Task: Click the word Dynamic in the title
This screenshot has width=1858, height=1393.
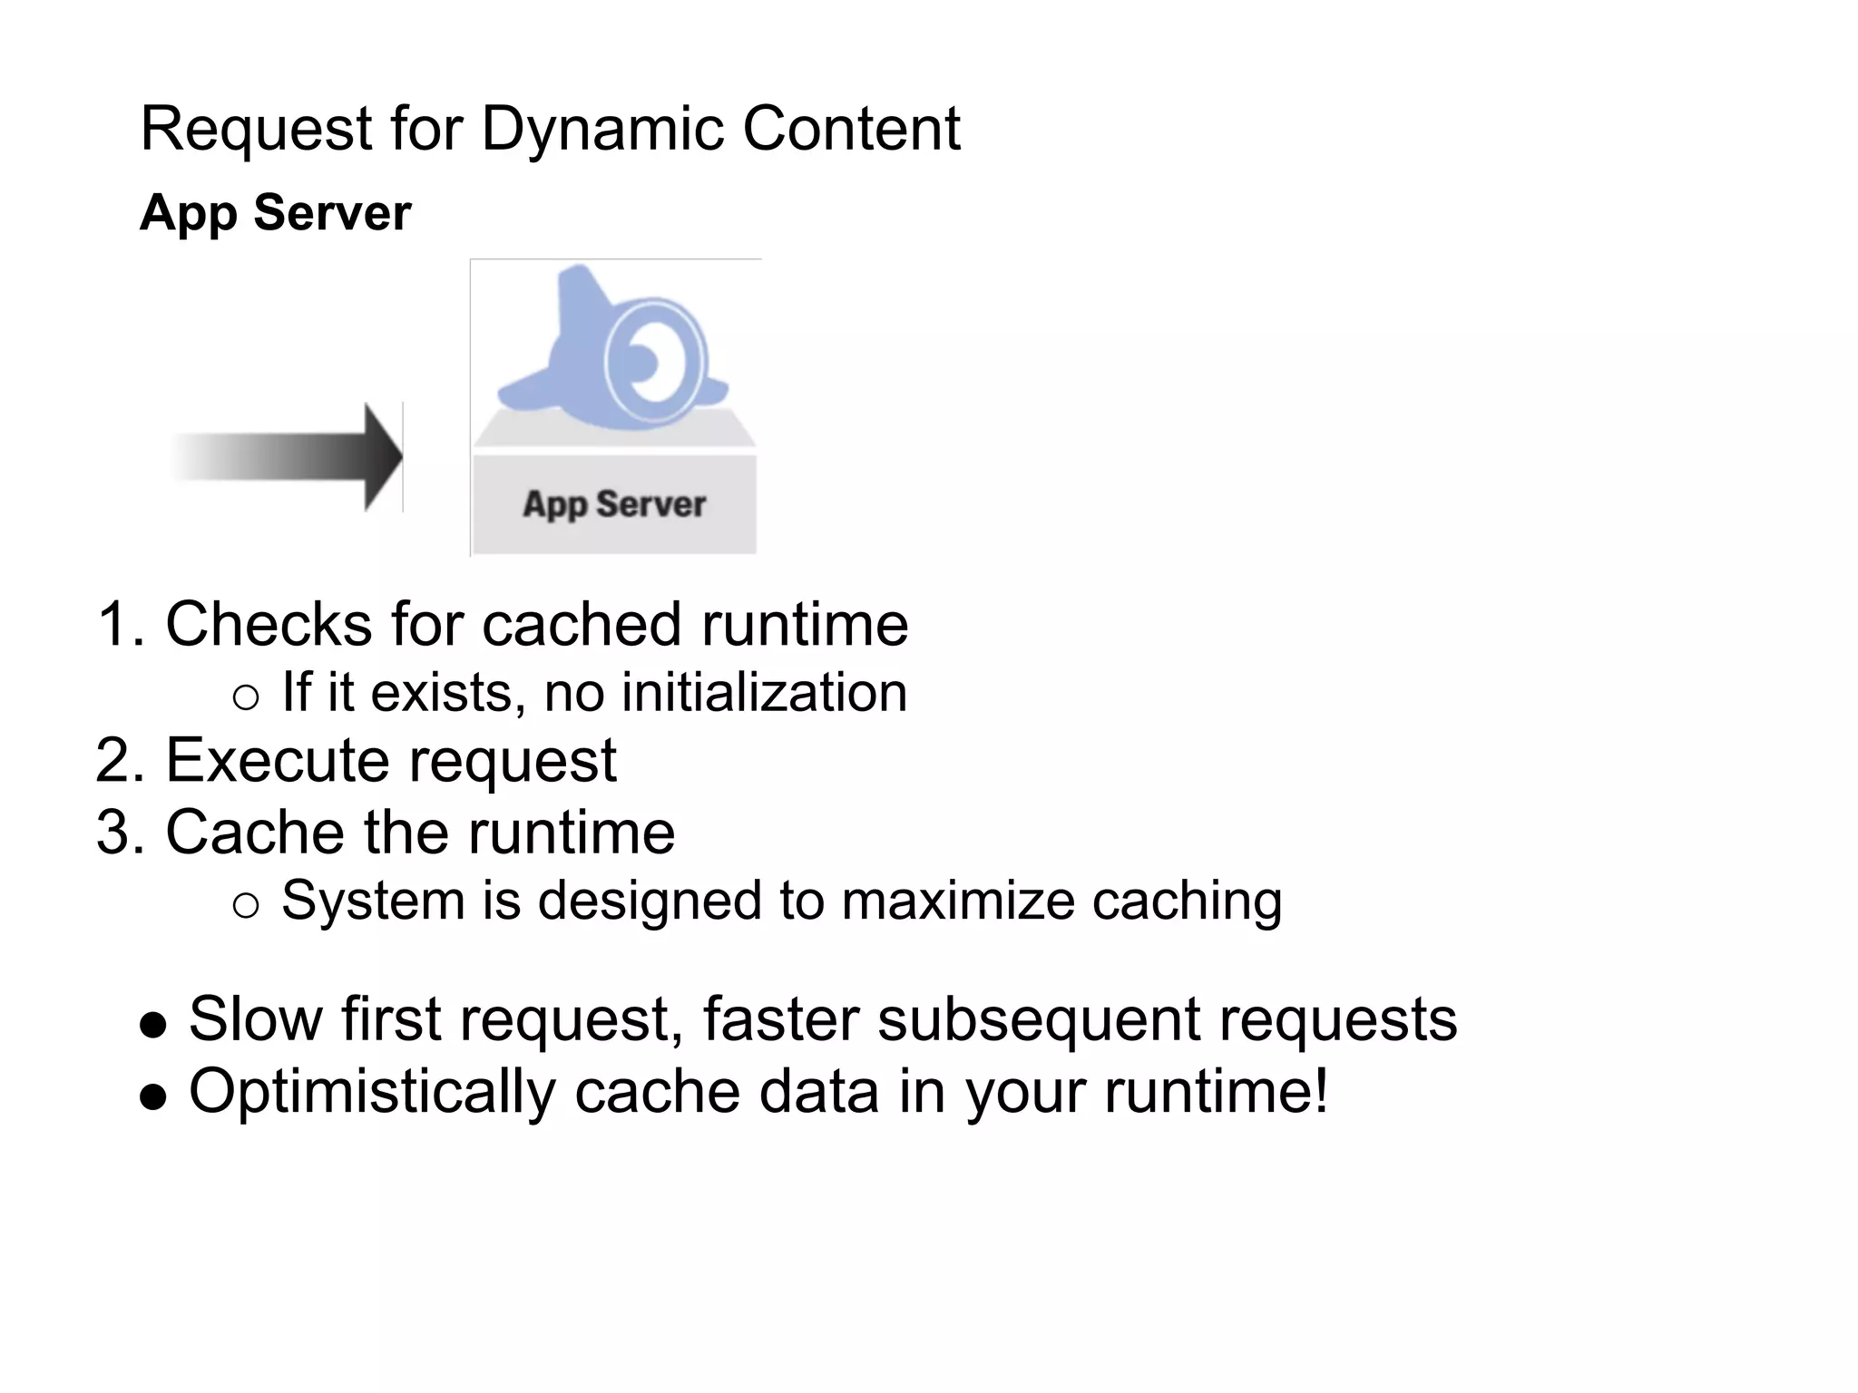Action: click(603, 130)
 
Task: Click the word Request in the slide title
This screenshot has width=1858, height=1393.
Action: click(256, 130)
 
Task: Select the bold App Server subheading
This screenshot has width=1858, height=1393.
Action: click(275, 213)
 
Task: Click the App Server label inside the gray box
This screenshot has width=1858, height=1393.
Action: click(614, 503)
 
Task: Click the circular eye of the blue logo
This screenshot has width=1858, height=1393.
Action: click(652, 360)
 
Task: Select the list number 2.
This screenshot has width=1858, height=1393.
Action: click(117, 760)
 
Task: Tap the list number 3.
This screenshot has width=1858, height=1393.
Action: click(117, 833)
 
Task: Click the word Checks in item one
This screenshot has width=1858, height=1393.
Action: click(268, 625)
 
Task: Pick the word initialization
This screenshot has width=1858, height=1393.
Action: click(764, 693)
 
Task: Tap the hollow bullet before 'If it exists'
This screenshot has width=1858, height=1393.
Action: click(245, 697)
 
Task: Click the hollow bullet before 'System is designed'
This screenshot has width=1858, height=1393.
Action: click(245, 905)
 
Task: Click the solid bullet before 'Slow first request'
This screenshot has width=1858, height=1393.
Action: click(153, 1025)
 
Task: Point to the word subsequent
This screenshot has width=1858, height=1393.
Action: click(1038, 1019)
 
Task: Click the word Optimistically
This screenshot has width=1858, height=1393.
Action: click(372, 1092)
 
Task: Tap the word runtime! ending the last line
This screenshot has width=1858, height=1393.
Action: click(1216, 1092)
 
